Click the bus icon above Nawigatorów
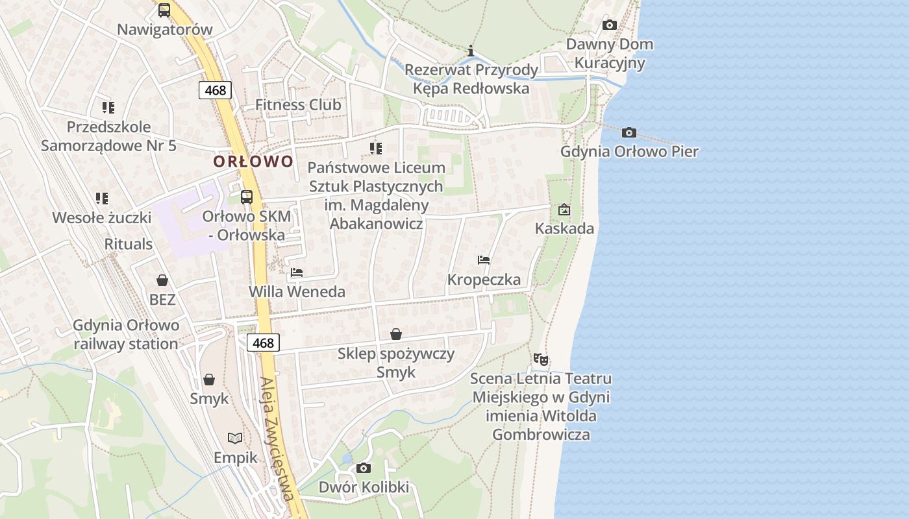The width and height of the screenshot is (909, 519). pyautogui.click(x=164, y=10)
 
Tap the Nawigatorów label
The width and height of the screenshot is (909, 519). pyautogui.click(x=165, y=30)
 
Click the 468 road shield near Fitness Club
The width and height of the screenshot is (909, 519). pyautogui.click(x=216, y=90)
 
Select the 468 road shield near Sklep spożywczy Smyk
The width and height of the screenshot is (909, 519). pyautogui.click(x=263, y=343)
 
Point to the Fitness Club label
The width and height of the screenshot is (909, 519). pyautogui.click(x=298, y=104)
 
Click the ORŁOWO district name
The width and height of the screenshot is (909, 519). pyautogui.click(x=253, y=162)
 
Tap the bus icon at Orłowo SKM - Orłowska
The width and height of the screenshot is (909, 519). pyautogui.click(x=247, y=197)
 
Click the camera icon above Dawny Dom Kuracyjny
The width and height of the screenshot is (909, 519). pyautogui.click(x=609, y=25)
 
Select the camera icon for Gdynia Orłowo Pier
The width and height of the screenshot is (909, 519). pyautogui.click(x=629, y=132)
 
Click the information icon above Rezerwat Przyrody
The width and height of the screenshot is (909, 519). pyautogui.click(x=471, y=51)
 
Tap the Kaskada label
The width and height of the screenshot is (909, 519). pyautogui.click(x=564, y=228)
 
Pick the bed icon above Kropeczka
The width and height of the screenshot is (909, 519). pyautogui.click(x=484, y=260)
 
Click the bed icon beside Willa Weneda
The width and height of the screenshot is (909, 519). pyautogui.click(x=297, y=272)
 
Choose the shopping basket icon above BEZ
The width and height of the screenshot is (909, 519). pyautogui.click(x=162, y=280)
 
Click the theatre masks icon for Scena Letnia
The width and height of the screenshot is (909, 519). pyautogui.click(x=540, y=359)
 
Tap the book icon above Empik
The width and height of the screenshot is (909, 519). pyautogui.click(x=235, y=438)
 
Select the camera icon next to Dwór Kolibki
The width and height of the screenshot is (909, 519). pyautogui.click(x=364, y=468)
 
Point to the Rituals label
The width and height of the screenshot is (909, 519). pyautogui.click(x=129, y=245)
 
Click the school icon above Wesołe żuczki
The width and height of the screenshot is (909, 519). pyautogui.click(x=101, y=198)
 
